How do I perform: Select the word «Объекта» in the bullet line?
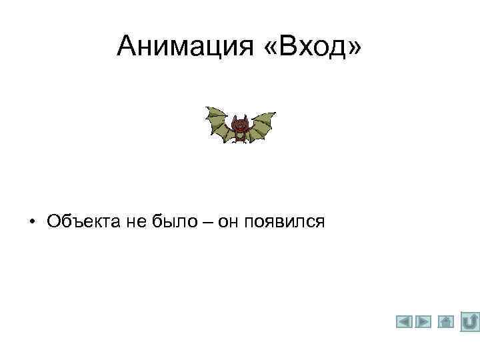83,221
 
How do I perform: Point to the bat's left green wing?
217,123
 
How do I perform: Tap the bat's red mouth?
240,129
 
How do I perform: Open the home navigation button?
446,322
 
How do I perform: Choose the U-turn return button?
470,321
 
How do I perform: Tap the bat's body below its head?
240,137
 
